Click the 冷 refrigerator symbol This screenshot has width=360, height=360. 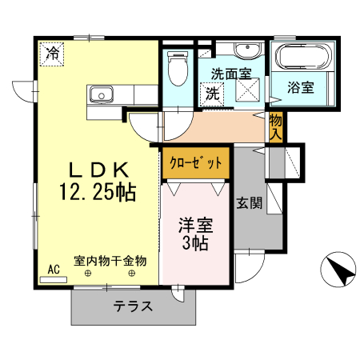point(53,54)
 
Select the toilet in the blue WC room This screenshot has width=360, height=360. point(176,68)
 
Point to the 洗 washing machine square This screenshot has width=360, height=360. point(212,94)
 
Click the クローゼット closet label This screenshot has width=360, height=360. point(195,162)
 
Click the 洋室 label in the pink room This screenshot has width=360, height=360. point(194,225)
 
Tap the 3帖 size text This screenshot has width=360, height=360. point(194,244)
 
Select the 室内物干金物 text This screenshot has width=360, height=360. point(110,261)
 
